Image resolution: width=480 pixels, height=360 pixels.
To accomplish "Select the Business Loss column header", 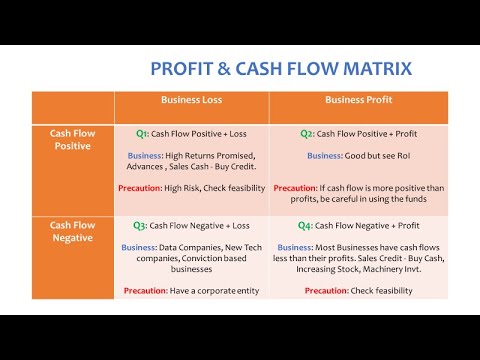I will click(191, 101).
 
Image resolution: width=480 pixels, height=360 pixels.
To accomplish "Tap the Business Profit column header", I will click(359, 101).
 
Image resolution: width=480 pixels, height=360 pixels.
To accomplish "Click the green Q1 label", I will click(143, 133).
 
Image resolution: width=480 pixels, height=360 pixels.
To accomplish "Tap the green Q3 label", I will click(143, 227).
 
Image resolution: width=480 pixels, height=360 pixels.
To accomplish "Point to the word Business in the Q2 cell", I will click(325, 156).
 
